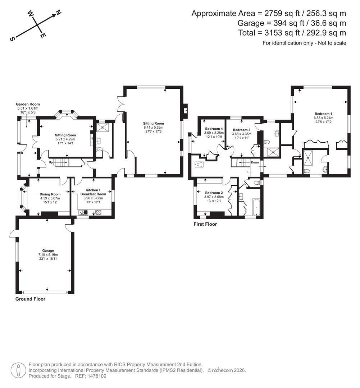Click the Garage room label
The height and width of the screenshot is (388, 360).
point(48,251)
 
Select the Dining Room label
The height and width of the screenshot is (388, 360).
point(50,194)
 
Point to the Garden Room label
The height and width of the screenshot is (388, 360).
point(28,104)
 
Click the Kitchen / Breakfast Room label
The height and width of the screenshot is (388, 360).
point(93,192)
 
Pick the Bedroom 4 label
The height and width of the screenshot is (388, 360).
point(214,129)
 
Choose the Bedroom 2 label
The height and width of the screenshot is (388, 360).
point(214,193)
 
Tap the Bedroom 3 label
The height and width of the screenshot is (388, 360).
point(242,130)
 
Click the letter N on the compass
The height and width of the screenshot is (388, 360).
point(59,13)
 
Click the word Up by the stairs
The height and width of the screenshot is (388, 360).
point(51,162)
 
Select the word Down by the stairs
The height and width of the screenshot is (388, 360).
point(255,162)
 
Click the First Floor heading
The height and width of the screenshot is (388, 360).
point(205,224)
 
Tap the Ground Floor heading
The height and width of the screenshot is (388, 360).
point(30,299)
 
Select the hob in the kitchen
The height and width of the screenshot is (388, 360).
point(98,212)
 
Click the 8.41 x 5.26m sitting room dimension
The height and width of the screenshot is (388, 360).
point(154,128)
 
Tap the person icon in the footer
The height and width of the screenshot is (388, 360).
point(19,370)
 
